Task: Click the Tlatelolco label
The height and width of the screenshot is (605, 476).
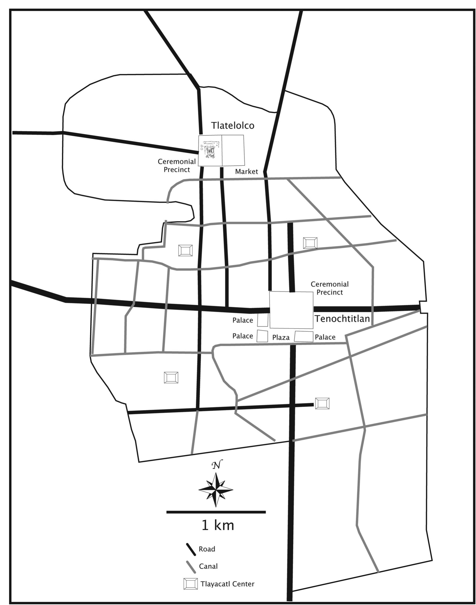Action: [x=233, y=125]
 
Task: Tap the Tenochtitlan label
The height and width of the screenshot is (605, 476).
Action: [x=342, y=319]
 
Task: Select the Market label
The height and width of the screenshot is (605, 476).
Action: [x=246, y=172]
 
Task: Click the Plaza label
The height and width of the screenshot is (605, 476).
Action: [x=281, y=338]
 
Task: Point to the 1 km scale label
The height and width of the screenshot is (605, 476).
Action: [x=218, y=525]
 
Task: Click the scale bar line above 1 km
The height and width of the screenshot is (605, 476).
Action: [x=216, y=512]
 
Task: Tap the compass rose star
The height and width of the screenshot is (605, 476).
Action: [x=216, y=490]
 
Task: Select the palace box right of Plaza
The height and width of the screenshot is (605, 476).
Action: [x=304, y=336]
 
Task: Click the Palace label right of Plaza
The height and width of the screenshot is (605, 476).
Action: [x=325, y=337]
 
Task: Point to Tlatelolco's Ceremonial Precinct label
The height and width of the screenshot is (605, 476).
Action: [x=177, y=165]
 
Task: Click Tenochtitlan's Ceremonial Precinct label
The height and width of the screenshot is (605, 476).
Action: [x=329, y=288]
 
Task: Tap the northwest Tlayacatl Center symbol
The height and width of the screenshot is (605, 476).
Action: [x=185, y=250]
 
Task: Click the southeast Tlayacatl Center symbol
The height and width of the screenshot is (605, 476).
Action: [x=322, y=404]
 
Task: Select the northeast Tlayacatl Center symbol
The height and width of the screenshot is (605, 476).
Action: [x=310, y=243]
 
